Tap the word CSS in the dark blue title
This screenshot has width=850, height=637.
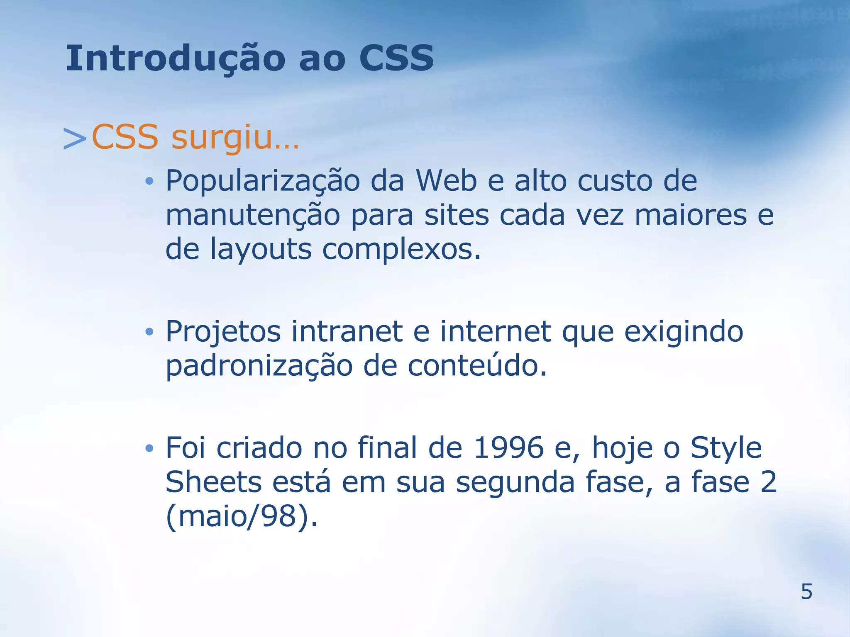(396, 58)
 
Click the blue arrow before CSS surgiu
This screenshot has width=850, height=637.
(75, 139)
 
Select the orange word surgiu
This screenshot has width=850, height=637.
(234, 138)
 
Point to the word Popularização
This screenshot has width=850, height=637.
(263, 182)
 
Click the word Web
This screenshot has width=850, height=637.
(446, 181)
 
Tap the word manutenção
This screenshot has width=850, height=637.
(253, 216)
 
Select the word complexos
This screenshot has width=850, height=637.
(401, 250)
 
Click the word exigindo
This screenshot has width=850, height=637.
(684, 332)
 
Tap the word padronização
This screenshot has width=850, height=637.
(259, 367)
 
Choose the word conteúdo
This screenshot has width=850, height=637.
(477, 366)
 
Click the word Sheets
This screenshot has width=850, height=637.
(213, 482)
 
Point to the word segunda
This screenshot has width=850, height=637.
(515, 483)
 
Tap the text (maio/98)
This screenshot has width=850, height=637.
(242, 517)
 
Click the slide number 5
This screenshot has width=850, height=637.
(806, 591)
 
